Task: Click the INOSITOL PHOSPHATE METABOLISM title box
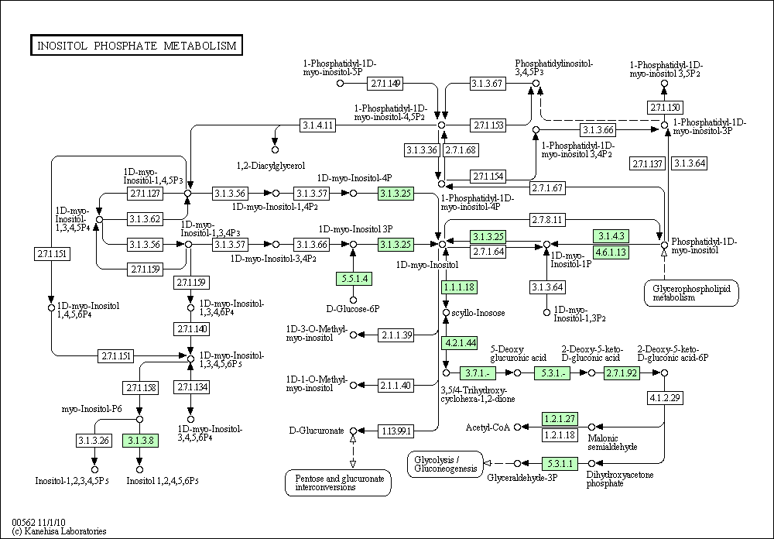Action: pos(135,46)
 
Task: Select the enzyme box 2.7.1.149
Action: pos(385,83)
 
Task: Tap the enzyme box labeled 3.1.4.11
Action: pos(318,125)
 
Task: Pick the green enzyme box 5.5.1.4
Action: pos(353,278)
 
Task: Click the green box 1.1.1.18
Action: pos(458,287)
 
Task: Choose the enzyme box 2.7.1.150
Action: pos(666,107)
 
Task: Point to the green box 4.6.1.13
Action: pos(611,252)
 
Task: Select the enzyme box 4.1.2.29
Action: pos(665,398)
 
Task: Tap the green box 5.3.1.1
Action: pos(560,464)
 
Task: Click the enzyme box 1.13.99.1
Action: pos(395,431)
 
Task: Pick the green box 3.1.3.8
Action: pos(140,441)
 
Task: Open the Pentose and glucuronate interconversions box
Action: pos(337,482)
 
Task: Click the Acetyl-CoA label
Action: pos(487,427)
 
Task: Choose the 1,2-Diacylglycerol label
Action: pos(271,166)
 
